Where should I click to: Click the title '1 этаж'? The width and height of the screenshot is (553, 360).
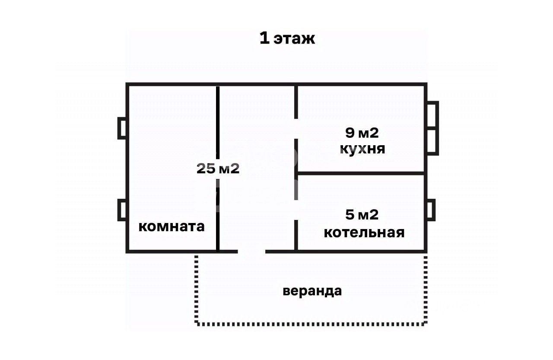tap(287, 38)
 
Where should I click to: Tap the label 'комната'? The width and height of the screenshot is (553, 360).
tap(172, 226)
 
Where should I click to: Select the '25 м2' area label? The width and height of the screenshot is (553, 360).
tap(218, 169)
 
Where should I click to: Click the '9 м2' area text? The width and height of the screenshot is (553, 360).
tap(362, 133)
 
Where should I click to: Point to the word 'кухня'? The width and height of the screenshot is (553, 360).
tap(362, 149)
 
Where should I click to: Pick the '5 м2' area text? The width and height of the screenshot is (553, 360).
tap(362, 214)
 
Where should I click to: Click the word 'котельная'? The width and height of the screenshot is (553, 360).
tap(364, 233)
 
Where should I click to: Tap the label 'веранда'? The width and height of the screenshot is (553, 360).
tap(312, 291)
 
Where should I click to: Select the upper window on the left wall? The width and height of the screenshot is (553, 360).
tap(122, 128)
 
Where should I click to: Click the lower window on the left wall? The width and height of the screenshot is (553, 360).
tap(122, 210)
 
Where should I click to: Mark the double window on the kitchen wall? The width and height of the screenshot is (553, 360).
tap(432, 128)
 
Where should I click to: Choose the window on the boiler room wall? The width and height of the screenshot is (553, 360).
tap(431, 210)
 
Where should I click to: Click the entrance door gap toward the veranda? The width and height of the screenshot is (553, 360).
tap(251, 251)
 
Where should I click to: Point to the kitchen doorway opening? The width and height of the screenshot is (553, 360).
tap(296, 128)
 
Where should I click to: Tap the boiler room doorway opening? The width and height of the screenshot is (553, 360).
tap(296, 210)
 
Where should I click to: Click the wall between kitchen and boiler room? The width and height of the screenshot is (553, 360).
tap(361, 173)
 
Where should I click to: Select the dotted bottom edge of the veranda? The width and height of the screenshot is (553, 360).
tap(311, 323)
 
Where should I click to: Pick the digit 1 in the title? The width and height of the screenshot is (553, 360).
tap(264, 38)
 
